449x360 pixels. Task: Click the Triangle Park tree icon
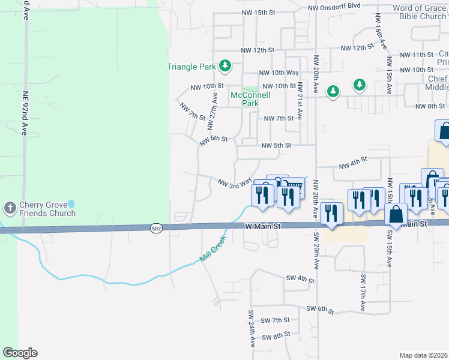(224, 65)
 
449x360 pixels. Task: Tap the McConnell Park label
(245, 99)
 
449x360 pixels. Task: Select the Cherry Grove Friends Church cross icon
(10, 208)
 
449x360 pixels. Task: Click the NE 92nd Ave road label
(25, 113)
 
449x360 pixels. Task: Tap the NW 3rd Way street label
(235, 182)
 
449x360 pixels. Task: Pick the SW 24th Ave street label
(252, 329)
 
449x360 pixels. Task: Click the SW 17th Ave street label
(363, 293)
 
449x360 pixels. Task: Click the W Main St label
(263, 226)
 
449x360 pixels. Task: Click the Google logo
(20, 353)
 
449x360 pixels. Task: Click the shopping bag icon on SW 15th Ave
(396, 214)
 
